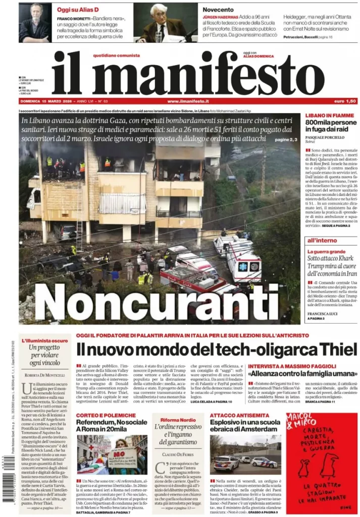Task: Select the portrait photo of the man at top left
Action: [x=35, y=23]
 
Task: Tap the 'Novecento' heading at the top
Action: [x=218, y=10]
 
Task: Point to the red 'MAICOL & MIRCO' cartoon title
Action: [x=302, y=423]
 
